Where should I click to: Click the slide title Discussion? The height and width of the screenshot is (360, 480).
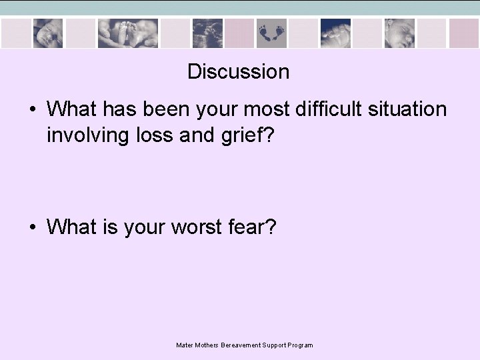click(238, 71)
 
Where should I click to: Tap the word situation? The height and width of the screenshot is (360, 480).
click(407, 109)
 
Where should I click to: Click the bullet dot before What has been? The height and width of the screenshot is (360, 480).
click(33, 109)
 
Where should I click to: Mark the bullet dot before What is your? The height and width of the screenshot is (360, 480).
click(33, 228)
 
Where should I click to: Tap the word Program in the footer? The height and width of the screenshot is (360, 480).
click(299, 345)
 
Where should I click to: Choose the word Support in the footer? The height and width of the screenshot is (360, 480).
click(270, 345)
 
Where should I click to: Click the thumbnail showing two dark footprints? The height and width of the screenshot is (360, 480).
click(271, 33)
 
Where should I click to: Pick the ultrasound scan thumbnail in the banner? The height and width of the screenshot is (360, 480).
click(207, 33)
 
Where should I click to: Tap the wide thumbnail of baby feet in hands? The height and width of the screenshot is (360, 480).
click(128, 33)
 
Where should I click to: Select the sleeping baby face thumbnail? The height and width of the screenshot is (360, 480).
click(399, 33)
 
